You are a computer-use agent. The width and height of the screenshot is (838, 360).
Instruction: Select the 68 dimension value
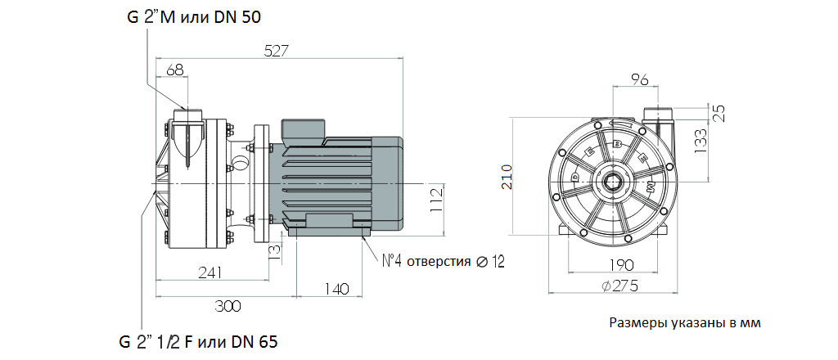(174, 70)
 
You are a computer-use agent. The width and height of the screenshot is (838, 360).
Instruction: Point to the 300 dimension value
(228, 306)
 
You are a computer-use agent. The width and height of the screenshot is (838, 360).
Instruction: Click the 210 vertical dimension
(507, 177)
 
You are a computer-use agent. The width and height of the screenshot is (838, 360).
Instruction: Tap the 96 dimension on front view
(639, 79)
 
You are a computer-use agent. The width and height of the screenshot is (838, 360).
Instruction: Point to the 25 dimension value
(719, 113)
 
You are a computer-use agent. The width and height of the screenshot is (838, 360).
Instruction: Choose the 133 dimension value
(701, 141)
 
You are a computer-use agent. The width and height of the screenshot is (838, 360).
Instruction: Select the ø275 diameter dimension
(619, 286)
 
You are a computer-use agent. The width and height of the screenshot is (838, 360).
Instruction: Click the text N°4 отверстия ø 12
(444, 262)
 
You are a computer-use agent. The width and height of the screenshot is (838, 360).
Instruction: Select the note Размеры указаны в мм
(685, 322)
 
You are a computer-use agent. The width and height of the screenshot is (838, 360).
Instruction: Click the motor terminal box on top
(304, 129)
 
